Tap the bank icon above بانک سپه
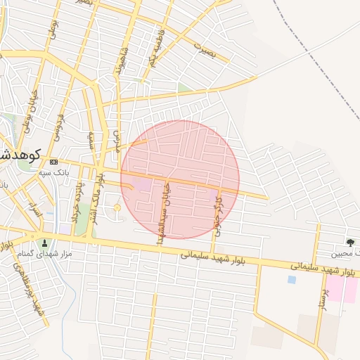coord(55,162)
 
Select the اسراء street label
coord(33,208)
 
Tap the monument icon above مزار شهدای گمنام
coord(46,243)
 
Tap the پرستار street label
coord(323,295)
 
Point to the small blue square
coord(292,279)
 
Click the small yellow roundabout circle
coord(117,207)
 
